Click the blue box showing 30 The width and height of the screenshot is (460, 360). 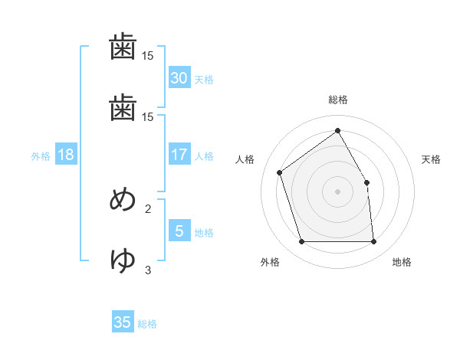[x=179, y=77]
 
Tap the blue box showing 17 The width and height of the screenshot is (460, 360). [x=179, y=155]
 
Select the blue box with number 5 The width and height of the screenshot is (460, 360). [x=179, y=231]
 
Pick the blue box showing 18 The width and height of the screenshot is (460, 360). [x=65, y=155]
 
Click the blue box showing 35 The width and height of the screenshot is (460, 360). [x=123, y=322]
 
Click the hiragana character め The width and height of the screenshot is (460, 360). [x=123, y=200]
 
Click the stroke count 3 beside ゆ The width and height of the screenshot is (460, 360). [x=148, y=270]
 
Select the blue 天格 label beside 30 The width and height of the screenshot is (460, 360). [x=203, y=80]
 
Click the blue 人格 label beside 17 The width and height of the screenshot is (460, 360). [x=203, y=156]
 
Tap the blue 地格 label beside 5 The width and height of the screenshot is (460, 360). [x=203, y=233]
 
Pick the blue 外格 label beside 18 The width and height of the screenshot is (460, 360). [x=40, y=156]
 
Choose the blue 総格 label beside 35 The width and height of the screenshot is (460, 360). [x=147, y=324]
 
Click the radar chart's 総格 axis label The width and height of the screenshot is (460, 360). [x=337, y=100]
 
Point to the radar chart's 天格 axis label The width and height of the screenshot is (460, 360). [x=431, y=159]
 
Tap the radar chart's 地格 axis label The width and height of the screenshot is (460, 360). [x=402, y=263]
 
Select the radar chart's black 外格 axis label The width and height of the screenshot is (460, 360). [x=269, y=263]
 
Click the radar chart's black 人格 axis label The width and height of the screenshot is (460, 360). [x=245, y=159]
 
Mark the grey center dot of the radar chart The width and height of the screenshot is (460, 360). [x=337, y=191]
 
